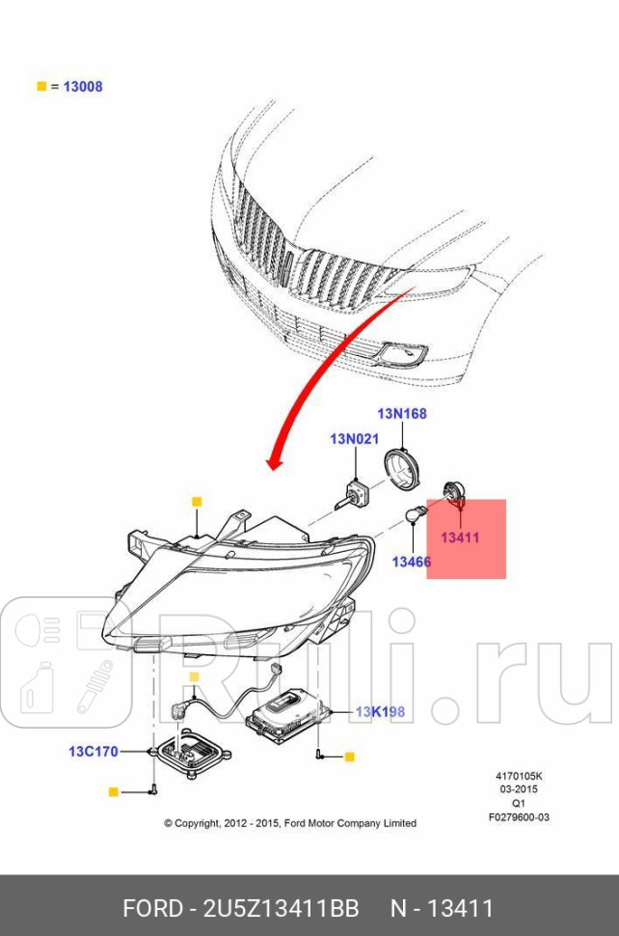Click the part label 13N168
(402, 413)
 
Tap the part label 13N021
(354, 439)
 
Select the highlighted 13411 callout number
(460, 537)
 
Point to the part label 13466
(412, 562)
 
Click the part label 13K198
(380, 711)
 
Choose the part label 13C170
(94, 751)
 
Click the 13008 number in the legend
(83, 87)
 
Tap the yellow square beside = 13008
(41, 87)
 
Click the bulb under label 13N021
(353, 495)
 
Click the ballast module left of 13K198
(288, 714)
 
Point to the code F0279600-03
(519, 817)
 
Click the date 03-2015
(519, 789)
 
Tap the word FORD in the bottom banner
(152, 909)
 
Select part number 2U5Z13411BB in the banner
(282, 909)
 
